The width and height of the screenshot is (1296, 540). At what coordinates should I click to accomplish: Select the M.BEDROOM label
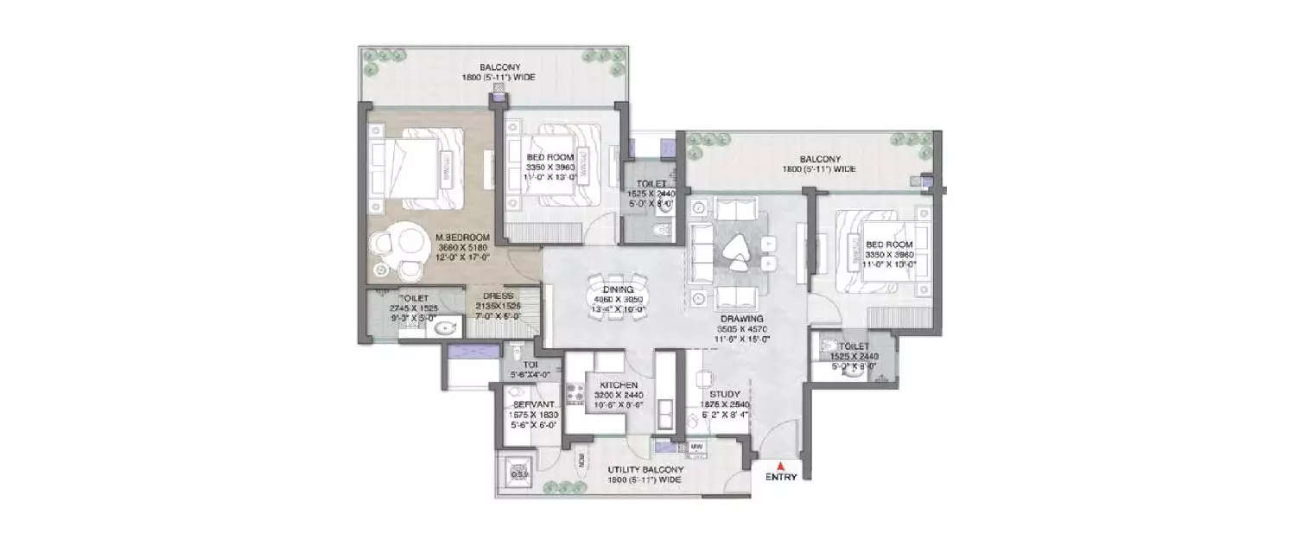click(463, 237)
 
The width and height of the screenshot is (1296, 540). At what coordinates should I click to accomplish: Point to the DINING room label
click(619, 289)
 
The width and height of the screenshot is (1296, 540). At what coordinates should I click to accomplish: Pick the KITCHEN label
click(619, 384)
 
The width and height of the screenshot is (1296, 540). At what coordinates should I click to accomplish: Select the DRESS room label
click(499, 295)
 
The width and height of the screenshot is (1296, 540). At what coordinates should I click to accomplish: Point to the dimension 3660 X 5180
click(463, 246)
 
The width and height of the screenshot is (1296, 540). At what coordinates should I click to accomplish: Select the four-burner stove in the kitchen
click(574, 393)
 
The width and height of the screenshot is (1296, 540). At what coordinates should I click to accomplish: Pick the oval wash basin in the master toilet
click(446, 327)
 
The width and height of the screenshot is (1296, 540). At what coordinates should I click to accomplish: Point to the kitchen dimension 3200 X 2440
click(619, 395)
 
